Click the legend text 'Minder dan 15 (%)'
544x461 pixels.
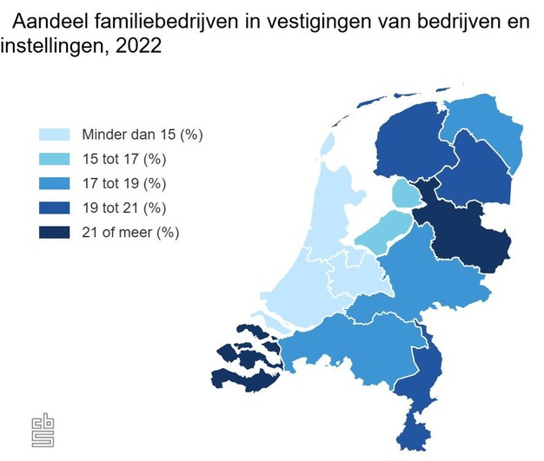(142, 135)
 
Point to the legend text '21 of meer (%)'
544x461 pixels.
(130, 232)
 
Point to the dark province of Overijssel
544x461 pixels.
(465, 234)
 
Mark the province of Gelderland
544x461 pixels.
(426, 278)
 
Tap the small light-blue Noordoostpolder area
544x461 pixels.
(402, 193)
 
